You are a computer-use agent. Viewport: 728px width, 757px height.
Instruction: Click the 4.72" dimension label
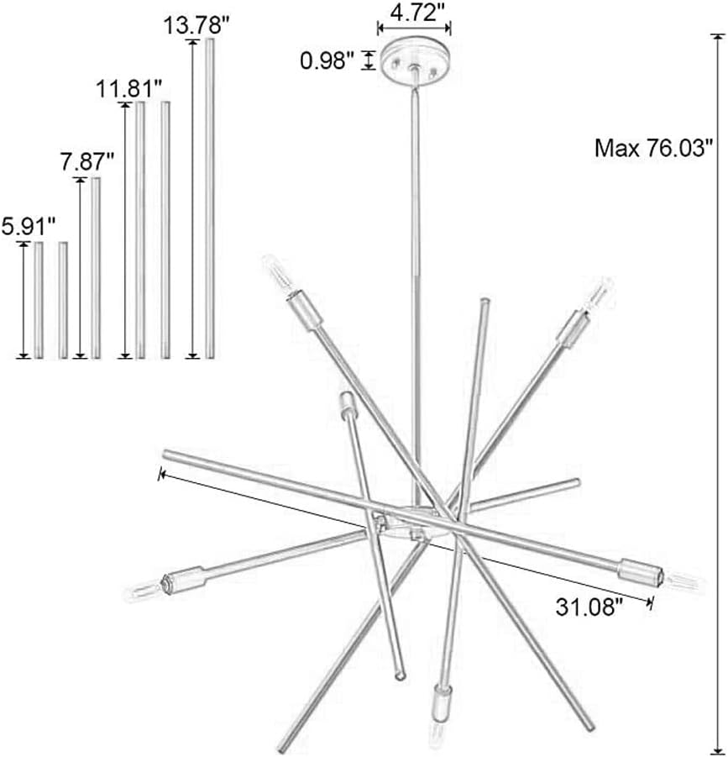[x=413, y=12]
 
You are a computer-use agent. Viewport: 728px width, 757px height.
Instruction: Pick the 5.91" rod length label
[x=29, y=225]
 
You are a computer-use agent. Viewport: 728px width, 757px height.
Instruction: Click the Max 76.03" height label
[x=648, y=150]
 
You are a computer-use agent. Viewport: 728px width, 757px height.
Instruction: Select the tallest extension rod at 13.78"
[x=210, y=198]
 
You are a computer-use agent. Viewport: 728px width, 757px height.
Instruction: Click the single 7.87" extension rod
[x=96, y=267]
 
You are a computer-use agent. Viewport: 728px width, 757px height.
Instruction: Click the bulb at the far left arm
[x=144, y=587]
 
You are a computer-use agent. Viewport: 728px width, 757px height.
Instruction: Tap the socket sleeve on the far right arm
[x=638, y=573]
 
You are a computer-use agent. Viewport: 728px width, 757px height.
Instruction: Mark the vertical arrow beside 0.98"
[x=367, y=60]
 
